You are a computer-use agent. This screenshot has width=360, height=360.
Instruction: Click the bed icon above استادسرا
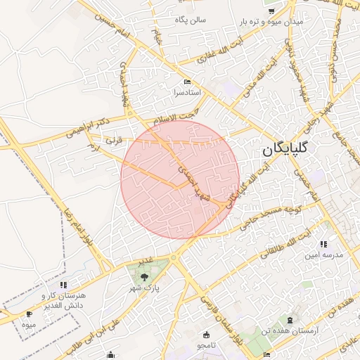click(x=187, y=82)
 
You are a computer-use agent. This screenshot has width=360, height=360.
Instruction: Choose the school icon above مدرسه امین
click(x=323, y=244)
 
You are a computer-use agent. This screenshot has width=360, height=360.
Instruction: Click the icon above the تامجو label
click(x=206, y=335)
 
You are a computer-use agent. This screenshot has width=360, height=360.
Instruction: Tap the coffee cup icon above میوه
click(x=29, y=314)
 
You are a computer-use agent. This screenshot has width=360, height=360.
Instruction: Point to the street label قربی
click(x=113, y=140)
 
